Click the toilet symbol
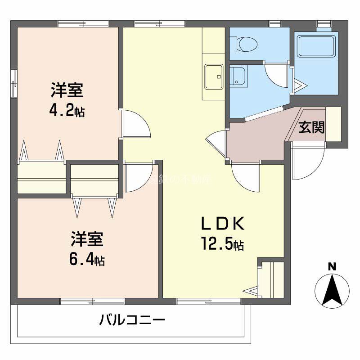244,44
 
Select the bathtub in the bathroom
316,45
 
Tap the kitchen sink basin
213,76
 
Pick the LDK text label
222,224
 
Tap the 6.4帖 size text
87,259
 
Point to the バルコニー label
132,321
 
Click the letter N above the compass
332,266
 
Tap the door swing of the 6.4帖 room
137,177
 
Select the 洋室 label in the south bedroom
87,239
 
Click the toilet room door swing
275,72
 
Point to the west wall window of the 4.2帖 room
15,83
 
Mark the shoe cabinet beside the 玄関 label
333,124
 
